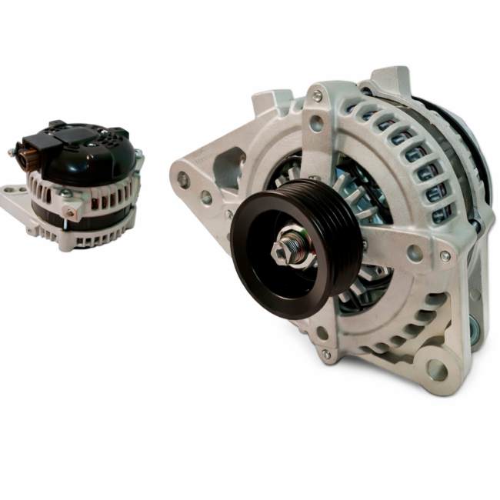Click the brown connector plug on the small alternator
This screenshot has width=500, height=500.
click(29, 159)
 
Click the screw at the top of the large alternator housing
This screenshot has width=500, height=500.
click(316, 96)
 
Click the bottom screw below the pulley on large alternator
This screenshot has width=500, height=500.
click(326, 354)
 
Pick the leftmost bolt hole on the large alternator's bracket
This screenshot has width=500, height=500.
click(183, 179)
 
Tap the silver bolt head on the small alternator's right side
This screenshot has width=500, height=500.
click(138, 157)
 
